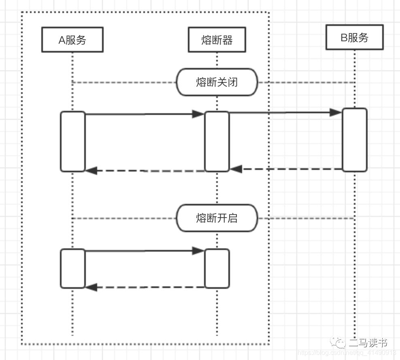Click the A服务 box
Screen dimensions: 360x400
(x=72, y=40)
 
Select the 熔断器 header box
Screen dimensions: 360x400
(x=217, y=40)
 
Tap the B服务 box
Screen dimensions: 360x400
(x=354, y=38)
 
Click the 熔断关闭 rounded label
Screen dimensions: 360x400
(x=217, y=82)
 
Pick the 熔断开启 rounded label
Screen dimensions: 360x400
(x=217, y=218)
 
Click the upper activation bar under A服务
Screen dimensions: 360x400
(x=73, y=142)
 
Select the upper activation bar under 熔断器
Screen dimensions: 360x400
(x=217, y=142)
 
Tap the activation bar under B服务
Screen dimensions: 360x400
(x=354, y=140)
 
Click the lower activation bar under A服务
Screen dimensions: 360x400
(x=73, y=269)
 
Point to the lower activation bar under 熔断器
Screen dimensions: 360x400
(x=217, y=269)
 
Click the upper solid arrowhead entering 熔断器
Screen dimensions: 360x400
(x=198, y=114)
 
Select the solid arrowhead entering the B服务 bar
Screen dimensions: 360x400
(x=336, y=112)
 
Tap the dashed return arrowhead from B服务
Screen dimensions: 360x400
(x=236, y=169)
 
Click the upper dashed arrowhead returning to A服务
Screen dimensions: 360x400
(x=91, y=171)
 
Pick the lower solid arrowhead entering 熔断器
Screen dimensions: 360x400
(x=198, y=251)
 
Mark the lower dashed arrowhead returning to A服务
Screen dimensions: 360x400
(x=91, y=288)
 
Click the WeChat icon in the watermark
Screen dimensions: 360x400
(x=338, y=343)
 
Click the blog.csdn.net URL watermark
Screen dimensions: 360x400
(x=347, y=353)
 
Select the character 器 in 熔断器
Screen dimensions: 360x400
(x=228, y=40)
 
